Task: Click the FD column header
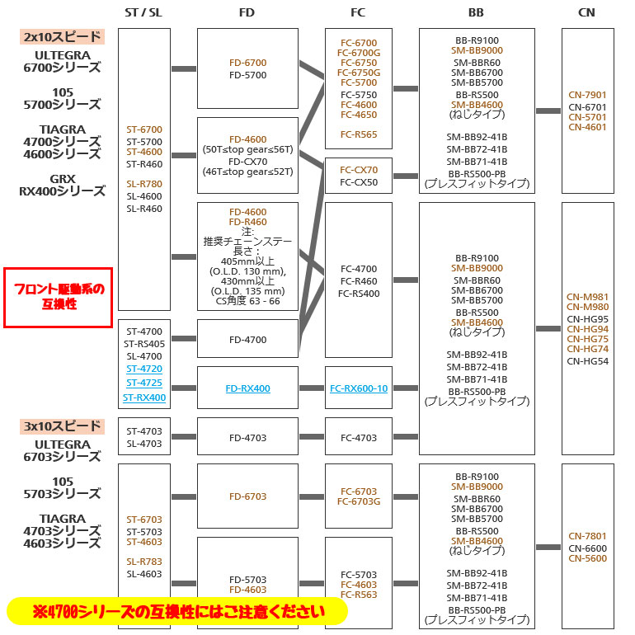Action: point(247,12)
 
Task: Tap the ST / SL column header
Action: point(143,12)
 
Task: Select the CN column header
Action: point(586,12)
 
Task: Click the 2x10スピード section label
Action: point(62,37)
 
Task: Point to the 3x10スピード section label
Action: point(62,426)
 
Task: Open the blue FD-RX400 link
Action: point(248,388)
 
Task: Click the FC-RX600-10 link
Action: point(359,388)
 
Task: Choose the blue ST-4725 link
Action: point(144,383)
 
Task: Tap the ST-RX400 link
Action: point(144,397)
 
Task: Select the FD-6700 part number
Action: point(248,63)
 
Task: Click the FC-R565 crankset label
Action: point(359,134)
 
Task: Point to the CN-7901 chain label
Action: point(587,95)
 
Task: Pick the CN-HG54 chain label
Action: point(588,361)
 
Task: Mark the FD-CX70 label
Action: point(248,162)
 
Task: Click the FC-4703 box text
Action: point(359,438)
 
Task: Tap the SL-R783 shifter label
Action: point(144,562)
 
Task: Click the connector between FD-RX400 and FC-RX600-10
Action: point(312,388)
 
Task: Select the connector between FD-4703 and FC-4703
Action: point(312,436)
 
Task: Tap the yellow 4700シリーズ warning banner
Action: point(177,611)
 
